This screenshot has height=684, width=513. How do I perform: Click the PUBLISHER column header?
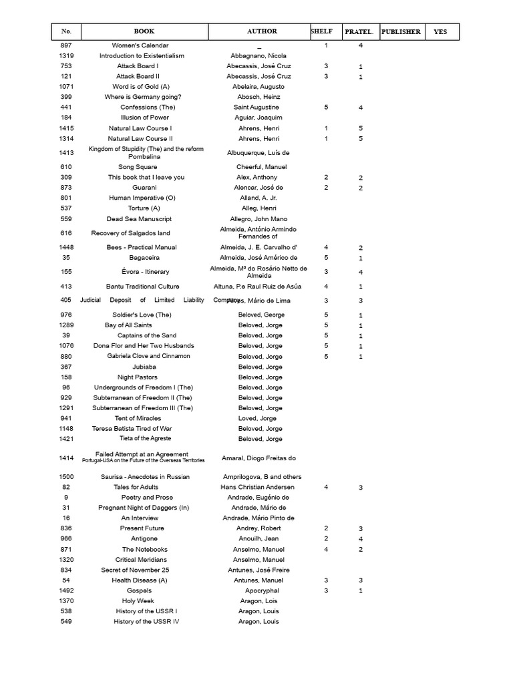point(401,32)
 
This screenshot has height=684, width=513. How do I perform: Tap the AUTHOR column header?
point(262,31)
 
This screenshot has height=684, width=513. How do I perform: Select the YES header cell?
point(440,32)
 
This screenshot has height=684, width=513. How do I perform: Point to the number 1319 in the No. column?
point(66,56)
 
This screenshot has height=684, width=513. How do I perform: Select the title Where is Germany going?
point(143,97)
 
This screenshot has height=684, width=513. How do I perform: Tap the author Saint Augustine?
point(256,108)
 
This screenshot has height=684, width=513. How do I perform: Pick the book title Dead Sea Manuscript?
point(139,219)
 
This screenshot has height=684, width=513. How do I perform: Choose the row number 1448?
point(66,247)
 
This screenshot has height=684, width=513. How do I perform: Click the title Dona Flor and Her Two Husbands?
point(144,346)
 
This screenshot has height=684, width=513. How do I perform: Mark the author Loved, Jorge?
point(257,418)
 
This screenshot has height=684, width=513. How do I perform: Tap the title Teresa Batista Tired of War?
point(141,429)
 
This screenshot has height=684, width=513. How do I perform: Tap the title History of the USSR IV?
point(146,622)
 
